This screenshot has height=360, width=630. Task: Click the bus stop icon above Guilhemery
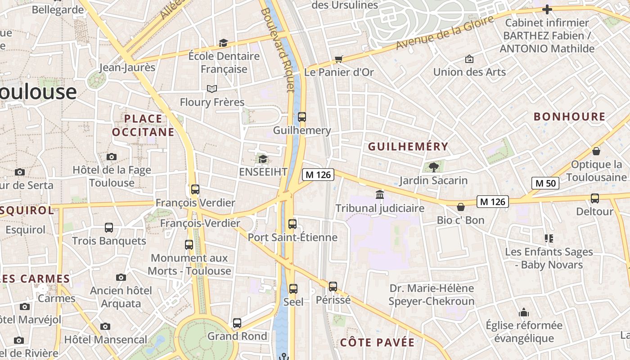301,117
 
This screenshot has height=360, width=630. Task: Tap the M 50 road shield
545,183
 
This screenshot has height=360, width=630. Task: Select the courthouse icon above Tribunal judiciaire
380,195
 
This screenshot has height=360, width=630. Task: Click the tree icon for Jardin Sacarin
434,167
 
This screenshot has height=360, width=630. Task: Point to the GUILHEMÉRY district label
408,146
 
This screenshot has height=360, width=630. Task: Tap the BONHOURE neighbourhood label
569,117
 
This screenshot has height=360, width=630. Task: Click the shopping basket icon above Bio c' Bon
460,207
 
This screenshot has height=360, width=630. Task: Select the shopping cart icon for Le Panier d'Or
339,59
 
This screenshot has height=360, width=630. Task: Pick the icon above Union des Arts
469,59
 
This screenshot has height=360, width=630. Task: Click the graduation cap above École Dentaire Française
223,43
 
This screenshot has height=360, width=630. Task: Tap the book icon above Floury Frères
211,89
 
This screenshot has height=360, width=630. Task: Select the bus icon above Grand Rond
237,323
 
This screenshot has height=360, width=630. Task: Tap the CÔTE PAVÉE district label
377,342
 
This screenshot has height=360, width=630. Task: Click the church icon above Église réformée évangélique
524,312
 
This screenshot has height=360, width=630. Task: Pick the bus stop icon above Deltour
594,198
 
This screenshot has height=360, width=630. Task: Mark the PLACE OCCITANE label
143,125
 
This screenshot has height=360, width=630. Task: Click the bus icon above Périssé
333,286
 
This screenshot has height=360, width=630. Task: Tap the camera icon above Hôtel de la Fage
112,157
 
